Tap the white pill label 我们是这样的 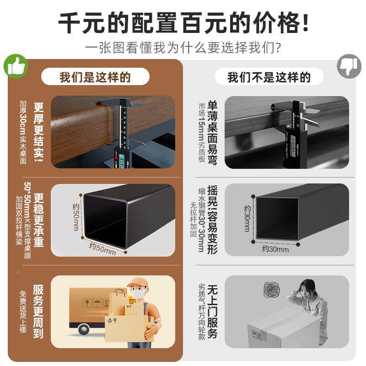pyautogui.click(x=95, y=77)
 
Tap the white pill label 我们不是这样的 pyautogui.click(x=269, y=77)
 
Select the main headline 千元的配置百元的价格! pyautogui.click(x=183, y=22)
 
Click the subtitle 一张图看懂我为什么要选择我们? pyautogui.click(x=183, y=48)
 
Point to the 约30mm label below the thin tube pyautogui.click(x=275, y=249)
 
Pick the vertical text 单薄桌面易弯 pyautogui.click(x=212, y=133)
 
